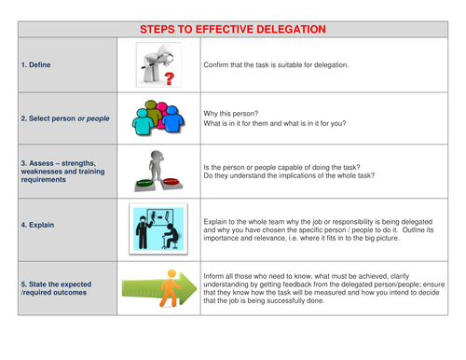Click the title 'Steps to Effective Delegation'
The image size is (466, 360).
click(232, 29)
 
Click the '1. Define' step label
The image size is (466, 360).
click(38, 65)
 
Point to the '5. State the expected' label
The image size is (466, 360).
click(58, 284)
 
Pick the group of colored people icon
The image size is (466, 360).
click(158, 118)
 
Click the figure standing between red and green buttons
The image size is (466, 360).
click(158, 170)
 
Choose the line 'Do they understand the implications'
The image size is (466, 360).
click(289, 175)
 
